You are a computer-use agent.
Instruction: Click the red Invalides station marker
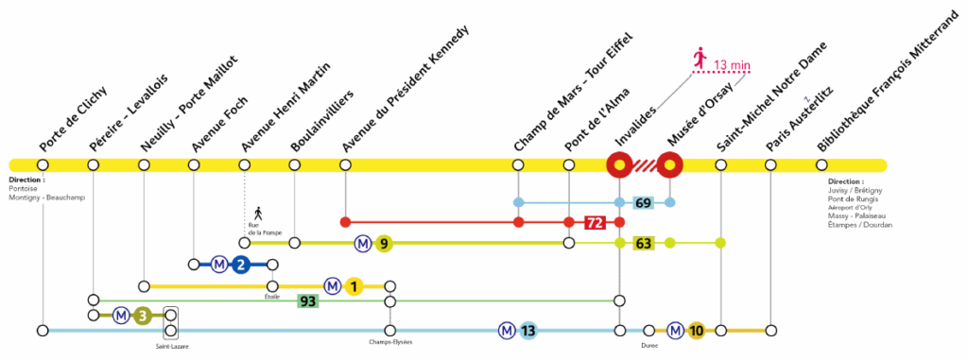pyautogui.click(x=619, y=165)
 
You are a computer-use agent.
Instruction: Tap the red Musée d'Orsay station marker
pyautogui.click(x=670, y=165)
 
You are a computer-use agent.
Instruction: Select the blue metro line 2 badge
pyautogui.click(x=240, y=264)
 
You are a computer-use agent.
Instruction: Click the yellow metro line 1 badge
pyautogui.click(x=354, y=285)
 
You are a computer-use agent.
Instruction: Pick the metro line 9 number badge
pyautogui.click(x=383, y=243)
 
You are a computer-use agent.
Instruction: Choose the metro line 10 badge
pyautogui.click(x=696, y=331)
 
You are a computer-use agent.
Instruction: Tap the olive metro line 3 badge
pyautogui.click(x=143, y=316)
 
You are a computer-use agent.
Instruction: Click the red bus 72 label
pyautogui.click(x=595, y=223)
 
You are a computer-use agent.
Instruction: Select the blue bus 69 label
pyautogui.click(x=644, y=203)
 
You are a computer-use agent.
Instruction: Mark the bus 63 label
pyautogui.click(x=644, y=244)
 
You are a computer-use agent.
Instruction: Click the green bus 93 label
pyautogui.click(x=307, y=301)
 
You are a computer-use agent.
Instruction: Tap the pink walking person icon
pyautogui.click(x=700, y=59)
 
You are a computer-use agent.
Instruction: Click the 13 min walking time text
pyautogui.click(x=733, y=65)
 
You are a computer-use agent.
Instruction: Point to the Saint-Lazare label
pyautogui.click(x=171, y=347)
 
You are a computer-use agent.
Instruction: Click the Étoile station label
pyautogui.click(x=272, y=296)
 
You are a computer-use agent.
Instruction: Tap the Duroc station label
pyautogui.click(x=649, y=344)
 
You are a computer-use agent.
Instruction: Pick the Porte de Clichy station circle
pyautogui.click(x=43, y=165)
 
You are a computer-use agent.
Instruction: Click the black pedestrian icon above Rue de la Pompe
pyautogui.click(x=257, y=211)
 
